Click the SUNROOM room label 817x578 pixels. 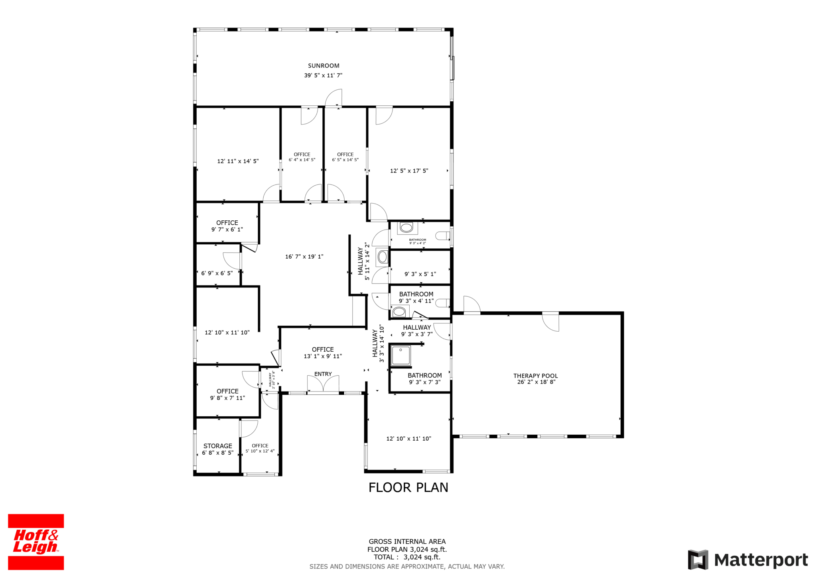[324, 65]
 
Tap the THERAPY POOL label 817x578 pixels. [535, 376]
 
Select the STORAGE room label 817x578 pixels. [218, 446]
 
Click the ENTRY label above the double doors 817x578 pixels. [323, 374]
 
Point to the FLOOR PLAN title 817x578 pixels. [408, 487]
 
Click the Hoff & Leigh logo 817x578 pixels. [36, 542]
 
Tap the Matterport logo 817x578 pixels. [748, 560]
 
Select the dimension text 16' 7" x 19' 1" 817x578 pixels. [304, 257]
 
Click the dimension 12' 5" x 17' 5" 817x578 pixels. [409, 171]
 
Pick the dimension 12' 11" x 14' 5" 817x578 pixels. [238, 161]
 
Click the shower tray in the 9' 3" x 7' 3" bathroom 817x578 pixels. [401, 356]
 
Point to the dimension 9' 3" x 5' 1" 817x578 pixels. [420, 274]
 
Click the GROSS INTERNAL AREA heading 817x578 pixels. [407, 542]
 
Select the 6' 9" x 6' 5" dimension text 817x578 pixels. [217, 273]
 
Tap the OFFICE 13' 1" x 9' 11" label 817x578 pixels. [323, 353]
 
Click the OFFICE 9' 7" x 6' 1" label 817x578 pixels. [227, 226]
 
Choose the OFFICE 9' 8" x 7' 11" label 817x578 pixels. [227, 394]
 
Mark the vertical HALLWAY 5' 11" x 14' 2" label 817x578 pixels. [364, 261]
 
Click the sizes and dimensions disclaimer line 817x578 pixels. [407, 566]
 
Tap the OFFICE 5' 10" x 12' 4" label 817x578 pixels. [260, 448]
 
